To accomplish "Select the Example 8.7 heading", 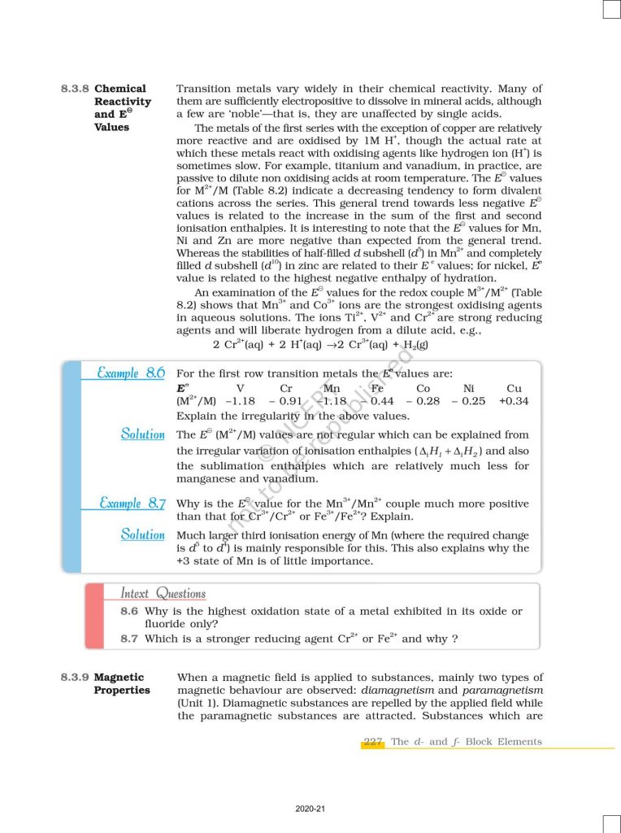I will point(132,504).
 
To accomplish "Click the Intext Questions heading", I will point(163,593).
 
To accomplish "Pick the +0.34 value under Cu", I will point(514,401).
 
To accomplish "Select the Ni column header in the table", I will point(468,389).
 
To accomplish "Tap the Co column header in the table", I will point(423,389).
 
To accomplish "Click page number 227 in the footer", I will point(373,742).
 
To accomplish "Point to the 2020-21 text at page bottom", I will point(310,809).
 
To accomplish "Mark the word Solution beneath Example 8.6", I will point(142,434).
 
